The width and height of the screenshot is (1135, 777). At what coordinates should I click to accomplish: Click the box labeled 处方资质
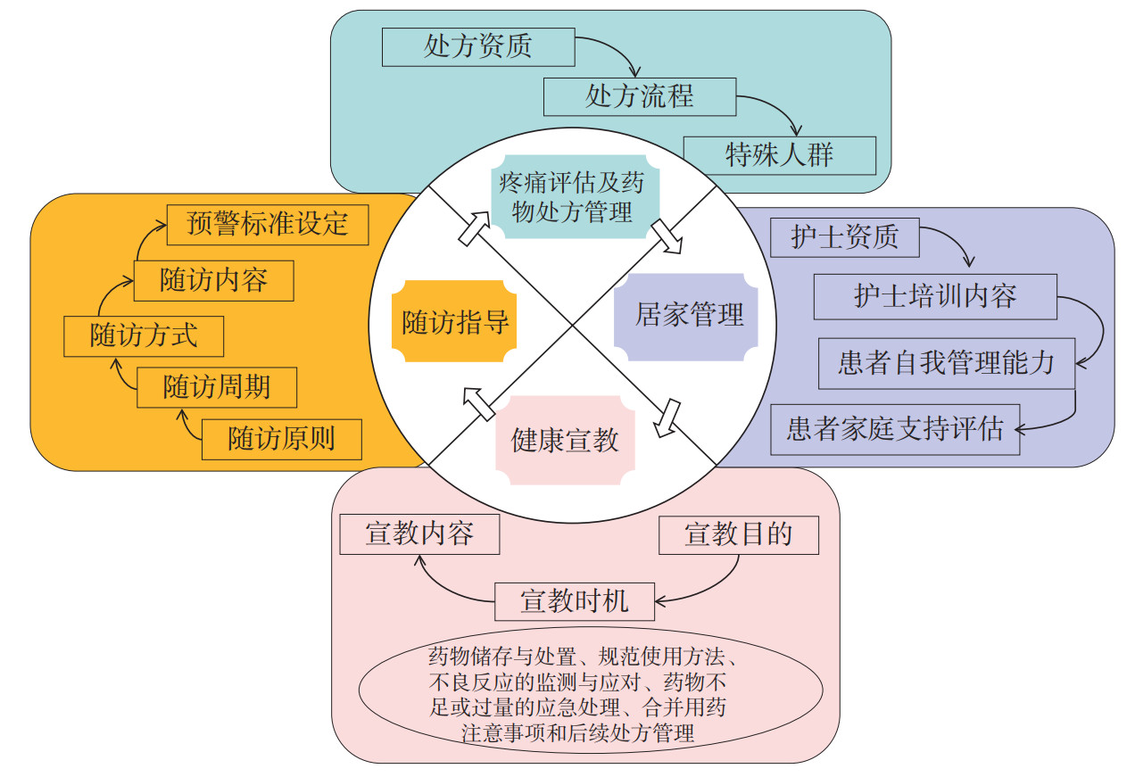pyautogui.click(x=477, y=46)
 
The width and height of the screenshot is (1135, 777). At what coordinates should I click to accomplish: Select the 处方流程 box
pyautogui.click(x=639, y=95)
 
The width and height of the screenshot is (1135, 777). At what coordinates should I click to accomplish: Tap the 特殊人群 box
pyautogui.click(x=779, y=155)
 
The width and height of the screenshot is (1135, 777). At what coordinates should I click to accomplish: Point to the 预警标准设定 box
pyautogui.click(x=268, y=223)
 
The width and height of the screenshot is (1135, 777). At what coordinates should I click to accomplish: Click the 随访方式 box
pyautogui.click(x=144, y=336)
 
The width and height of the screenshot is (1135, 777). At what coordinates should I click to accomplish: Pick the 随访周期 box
pyautogui.click(x=217, y=387)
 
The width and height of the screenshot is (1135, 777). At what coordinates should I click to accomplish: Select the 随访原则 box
pyautogui.click(x=282, y=439)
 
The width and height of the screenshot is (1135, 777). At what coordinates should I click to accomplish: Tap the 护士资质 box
pyautogui.click(x=844, y=237)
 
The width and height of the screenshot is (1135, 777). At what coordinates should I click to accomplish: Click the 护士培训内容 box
pyautogui.click(x=934, y=296)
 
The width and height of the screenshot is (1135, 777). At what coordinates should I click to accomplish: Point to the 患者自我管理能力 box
pyautogui.click(x=946, y=362)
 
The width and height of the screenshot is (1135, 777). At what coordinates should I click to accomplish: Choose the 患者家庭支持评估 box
pyautogui.click(x=895, y=429)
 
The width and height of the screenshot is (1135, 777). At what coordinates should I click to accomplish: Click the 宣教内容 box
pyautogui.click(x=419, y=534)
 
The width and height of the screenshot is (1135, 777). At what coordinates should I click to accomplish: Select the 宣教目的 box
pyautogui.click(x=738, y=534)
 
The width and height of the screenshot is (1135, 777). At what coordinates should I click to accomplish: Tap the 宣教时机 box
pyautogui.click(x=574, y=600)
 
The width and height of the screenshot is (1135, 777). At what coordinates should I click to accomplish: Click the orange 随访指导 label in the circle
pyautogui.click(x=456, y=321)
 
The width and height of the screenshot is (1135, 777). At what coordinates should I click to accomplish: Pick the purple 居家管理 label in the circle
pyautogui.click(x=687, y=316)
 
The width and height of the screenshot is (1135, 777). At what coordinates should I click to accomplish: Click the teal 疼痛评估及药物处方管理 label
pyautogui.click(x=571, y=198)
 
